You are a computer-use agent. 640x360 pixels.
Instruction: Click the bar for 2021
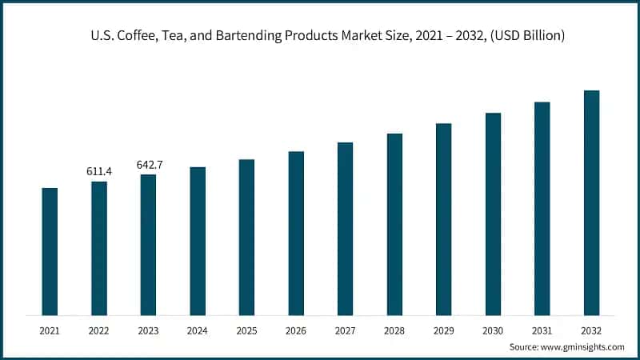tap(50, 251)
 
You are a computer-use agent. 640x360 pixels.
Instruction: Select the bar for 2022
tap(98, 248)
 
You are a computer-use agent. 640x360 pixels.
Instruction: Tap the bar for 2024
tap(198, 241)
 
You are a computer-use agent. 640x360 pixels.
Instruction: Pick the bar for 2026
tap(296, 233)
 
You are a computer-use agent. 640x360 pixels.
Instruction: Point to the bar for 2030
tap(493, 214)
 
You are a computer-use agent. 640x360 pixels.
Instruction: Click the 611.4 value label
tap(98, 171)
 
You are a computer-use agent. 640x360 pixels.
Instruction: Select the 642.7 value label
tap(148, 165)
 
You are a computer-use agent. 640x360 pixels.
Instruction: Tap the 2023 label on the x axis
tap(148, 329)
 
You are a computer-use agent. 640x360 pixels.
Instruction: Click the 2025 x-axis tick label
tap(246, 329)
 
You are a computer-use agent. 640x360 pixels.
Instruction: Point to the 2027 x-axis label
tap(345, 329)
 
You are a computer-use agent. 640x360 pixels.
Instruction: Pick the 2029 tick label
tap(443, 329)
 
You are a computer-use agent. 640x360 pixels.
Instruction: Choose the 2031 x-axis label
tap(542, 329)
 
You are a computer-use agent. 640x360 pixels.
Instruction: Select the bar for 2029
tap(443, 219)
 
